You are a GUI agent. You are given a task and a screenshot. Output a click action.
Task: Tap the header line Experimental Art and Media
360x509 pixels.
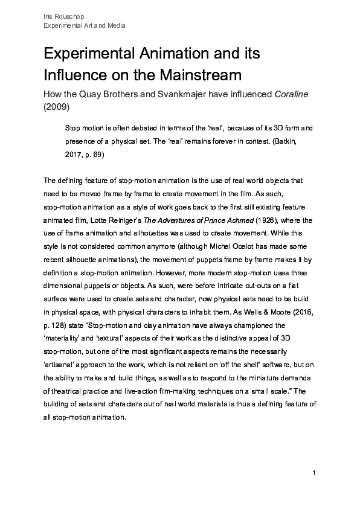(x=85, y=26)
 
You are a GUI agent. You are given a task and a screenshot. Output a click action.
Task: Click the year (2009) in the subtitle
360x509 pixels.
(x=57, y=107)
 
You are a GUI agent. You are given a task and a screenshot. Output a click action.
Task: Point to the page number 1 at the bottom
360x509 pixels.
(x=315, y=472)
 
